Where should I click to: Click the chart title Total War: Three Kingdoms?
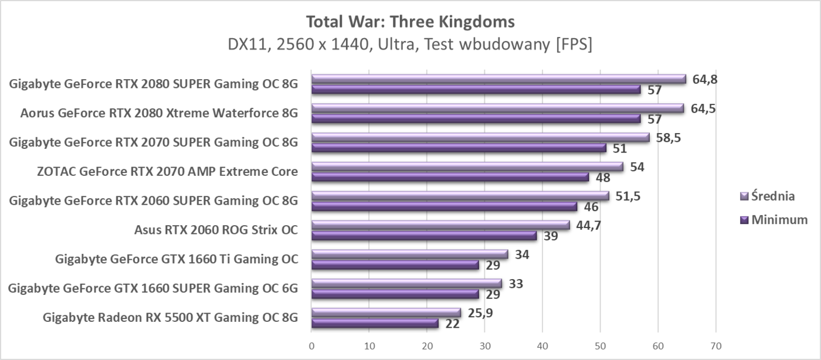pos(410,22)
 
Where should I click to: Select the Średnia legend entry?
pos(768,196)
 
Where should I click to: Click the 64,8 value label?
pos(705,79)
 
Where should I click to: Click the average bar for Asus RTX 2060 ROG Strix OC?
pos(440,225)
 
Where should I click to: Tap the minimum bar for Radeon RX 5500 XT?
pos(375,324)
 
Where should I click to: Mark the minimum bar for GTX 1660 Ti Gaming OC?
pos(395,265)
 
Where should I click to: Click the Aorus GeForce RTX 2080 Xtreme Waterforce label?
pos(158,113)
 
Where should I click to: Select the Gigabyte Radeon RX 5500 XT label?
pos(170,318)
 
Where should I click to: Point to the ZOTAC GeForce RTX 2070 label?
pos(167,172)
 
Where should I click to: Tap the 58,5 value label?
pos(669,138)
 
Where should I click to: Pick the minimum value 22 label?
pos(452,324)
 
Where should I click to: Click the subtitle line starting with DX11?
pos(410,45)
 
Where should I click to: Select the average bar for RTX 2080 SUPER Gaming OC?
pos(498,79)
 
